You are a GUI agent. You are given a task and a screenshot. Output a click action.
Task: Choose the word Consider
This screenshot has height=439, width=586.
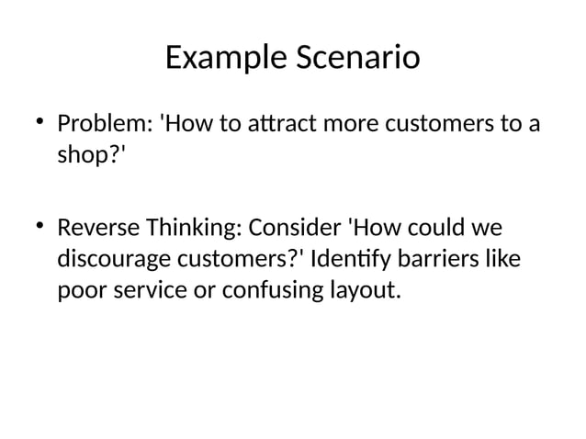point(298,227)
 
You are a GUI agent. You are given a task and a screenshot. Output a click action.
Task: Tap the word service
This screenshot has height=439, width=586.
point(142,293)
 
